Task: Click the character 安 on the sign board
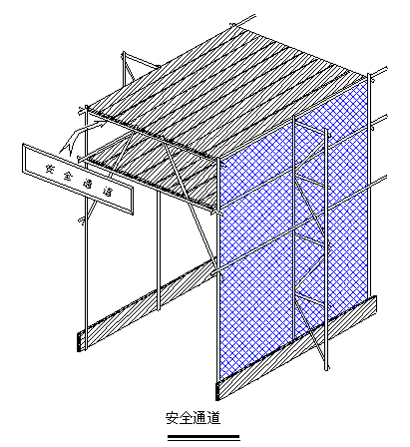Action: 51,169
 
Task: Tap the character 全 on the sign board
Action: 68,176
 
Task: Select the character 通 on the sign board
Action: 89,184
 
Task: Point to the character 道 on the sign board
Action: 107,192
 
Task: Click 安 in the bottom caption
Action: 173,418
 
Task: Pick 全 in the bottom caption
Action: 187,418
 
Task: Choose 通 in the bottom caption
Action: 200,418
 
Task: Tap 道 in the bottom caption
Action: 213,418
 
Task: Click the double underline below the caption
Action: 204,438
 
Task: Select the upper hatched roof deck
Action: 226,92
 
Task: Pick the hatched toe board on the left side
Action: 147,304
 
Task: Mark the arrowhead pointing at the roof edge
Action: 100,124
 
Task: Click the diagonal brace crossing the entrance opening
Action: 191,207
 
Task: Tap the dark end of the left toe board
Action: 79,341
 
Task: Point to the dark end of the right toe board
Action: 217,391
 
